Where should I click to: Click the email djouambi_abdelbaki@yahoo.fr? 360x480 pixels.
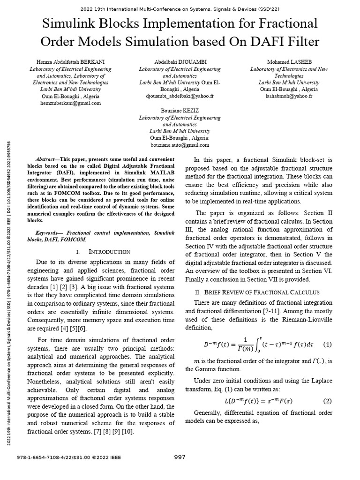pos(180,96)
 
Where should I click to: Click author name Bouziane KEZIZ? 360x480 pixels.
pos(180,111)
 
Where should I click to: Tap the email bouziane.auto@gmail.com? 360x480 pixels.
pos(180,145)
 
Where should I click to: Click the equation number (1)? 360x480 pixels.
pos(327,345)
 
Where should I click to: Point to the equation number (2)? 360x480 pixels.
pos(327,401)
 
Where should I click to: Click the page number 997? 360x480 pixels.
pos(180,457)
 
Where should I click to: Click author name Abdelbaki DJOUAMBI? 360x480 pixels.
pos(180,61)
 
